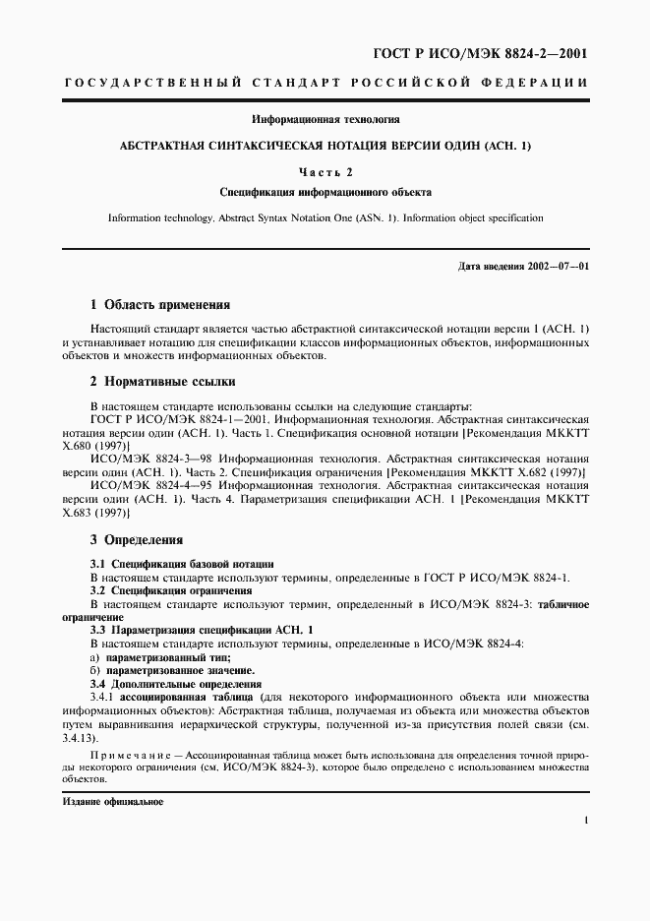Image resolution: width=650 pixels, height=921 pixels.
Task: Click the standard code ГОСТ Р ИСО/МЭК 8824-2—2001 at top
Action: [481, 53]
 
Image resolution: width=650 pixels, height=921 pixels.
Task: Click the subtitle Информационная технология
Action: [325, 120]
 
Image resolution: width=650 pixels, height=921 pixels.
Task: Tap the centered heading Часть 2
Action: [325, 172]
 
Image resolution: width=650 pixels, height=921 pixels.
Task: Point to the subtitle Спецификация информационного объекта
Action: [325, 193]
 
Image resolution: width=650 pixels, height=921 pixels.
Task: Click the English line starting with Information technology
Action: [325, 217]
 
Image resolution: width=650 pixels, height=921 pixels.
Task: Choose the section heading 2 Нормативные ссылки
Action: [162, 381]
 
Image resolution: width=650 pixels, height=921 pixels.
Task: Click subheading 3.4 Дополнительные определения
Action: [175, 683]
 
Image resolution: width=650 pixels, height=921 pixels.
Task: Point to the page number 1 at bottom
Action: [585, 819]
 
